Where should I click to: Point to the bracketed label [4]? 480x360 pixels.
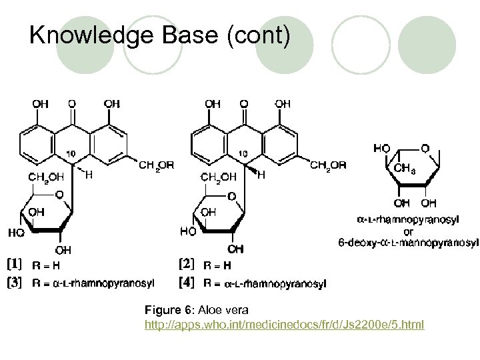[x=186, y=282]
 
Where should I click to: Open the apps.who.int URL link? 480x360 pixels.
[x=284, y=324]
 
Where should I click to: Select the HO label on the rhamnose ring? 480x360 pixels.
[x=383, y=149]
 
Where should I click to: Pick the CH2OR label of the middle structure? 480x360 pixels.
[x=328, y=165]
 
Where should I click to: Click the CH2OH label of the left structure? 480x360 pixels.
[x=46, y=177]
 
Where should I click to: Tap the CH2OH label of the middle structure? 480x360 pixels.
[x=218, y=177]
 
